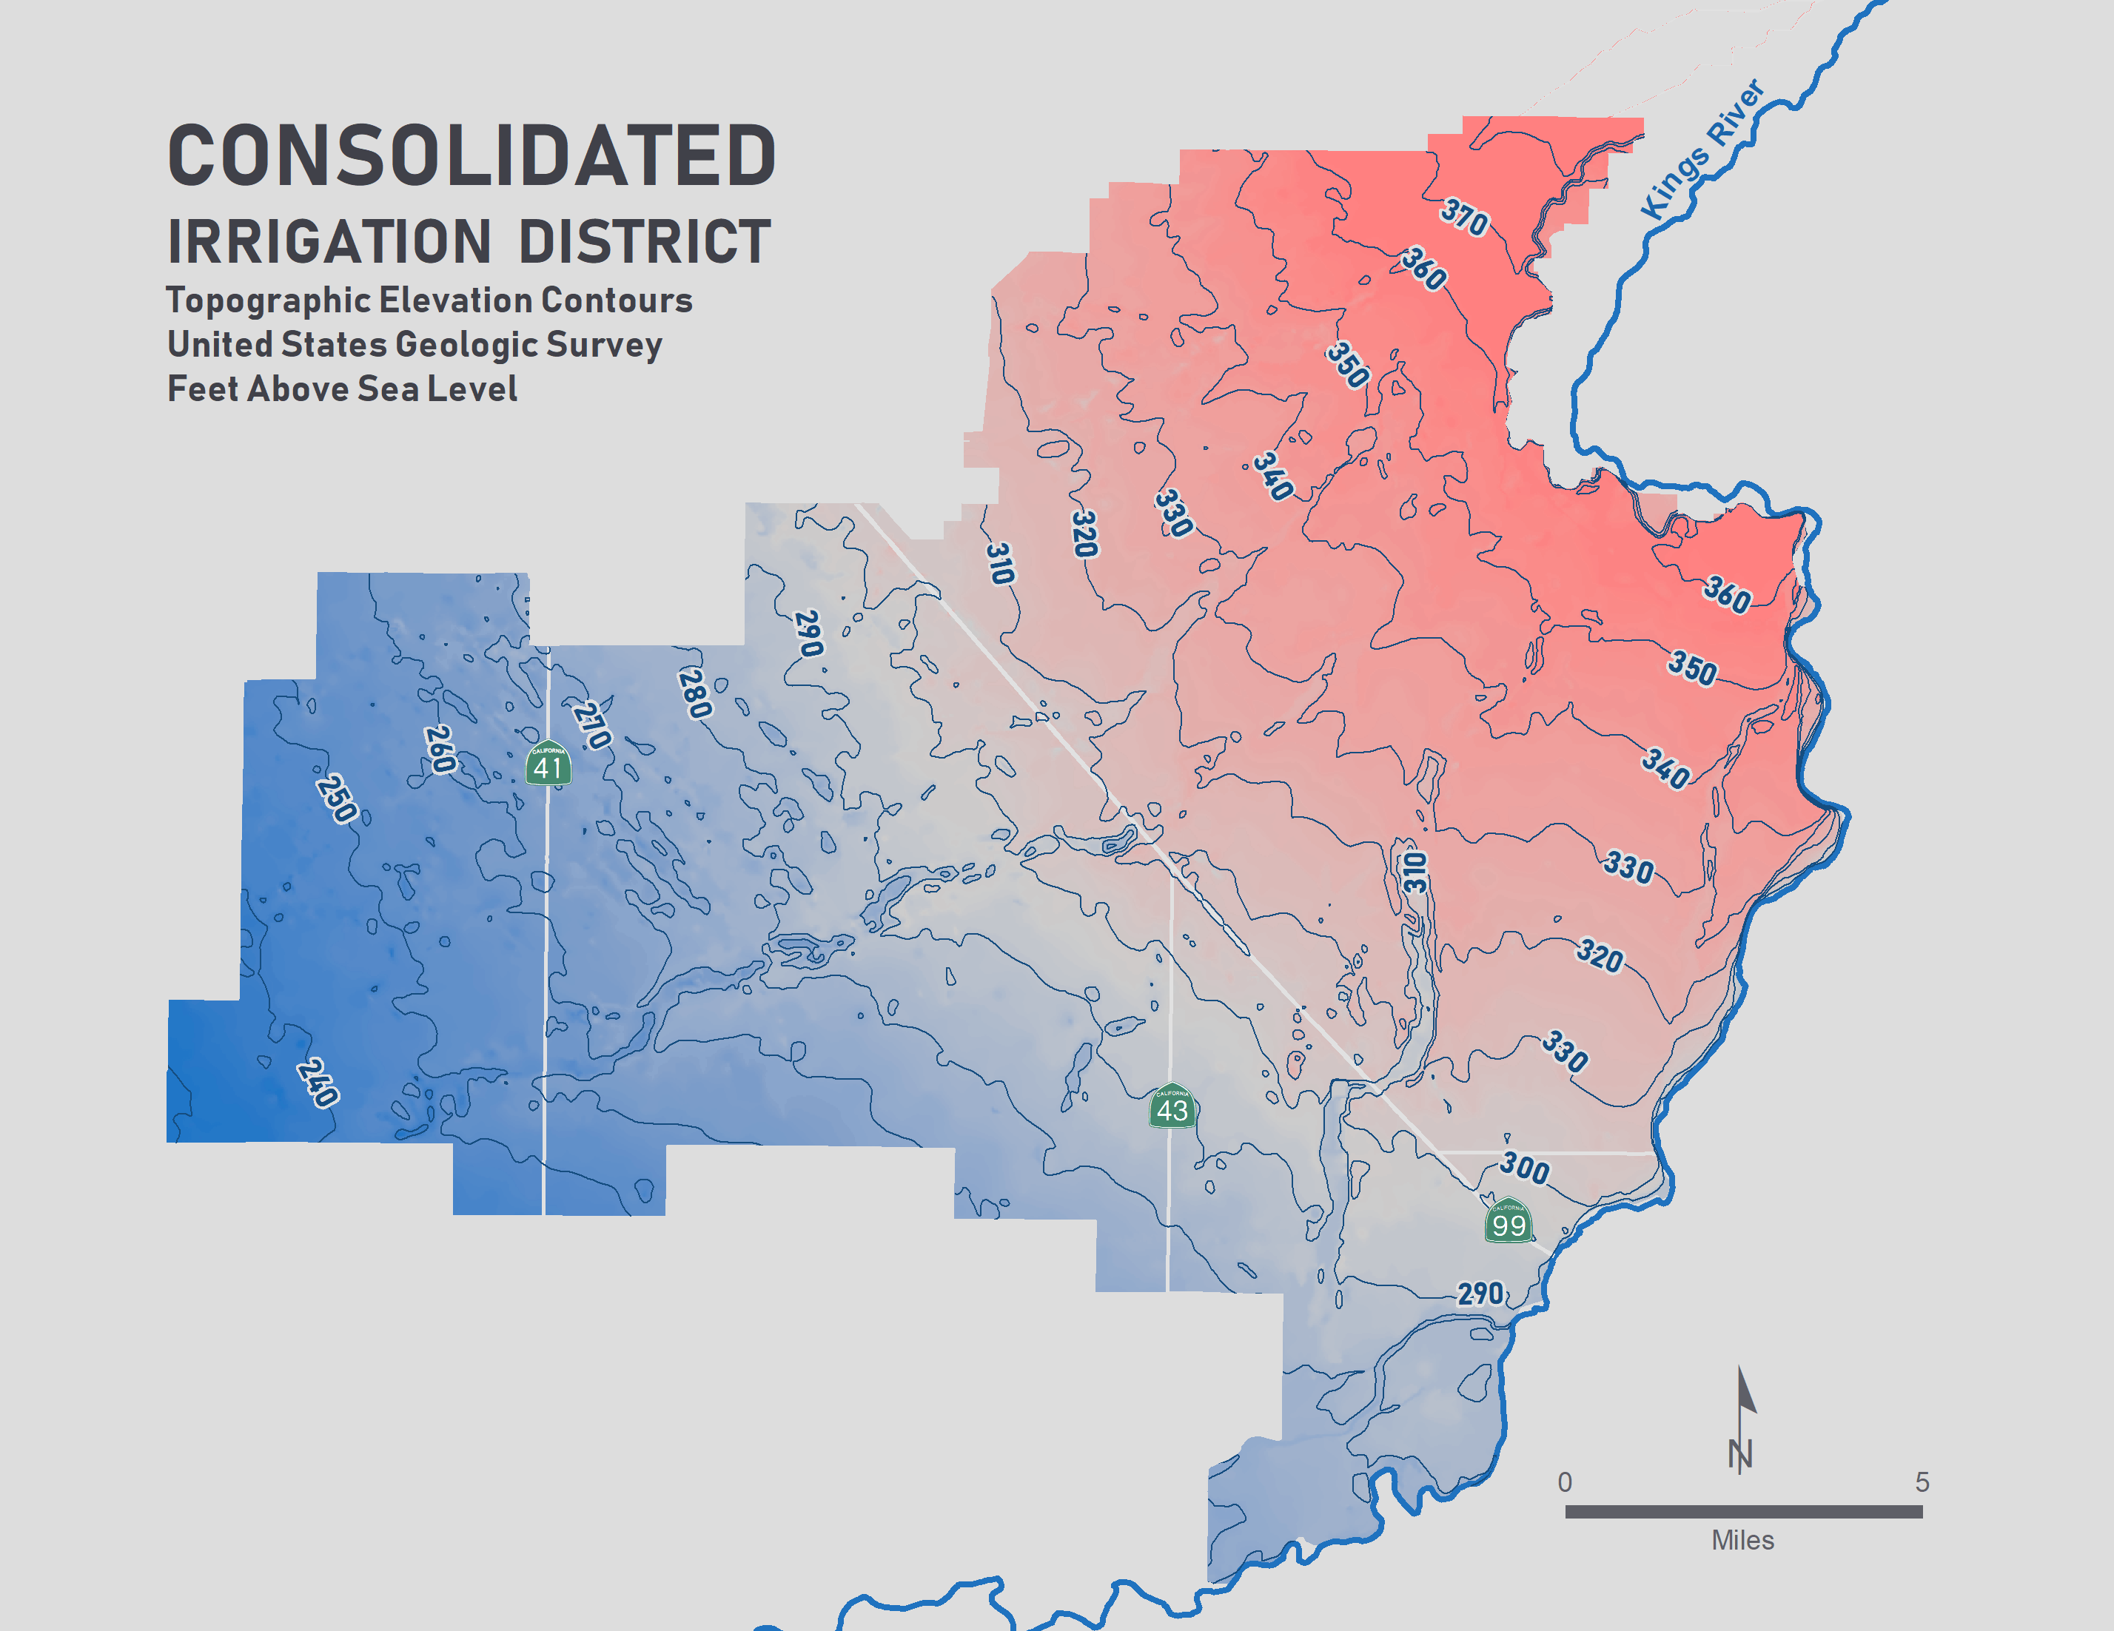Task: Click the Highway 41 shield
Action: click(548, 764)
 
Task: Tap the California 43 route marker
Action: click(1172, 1106)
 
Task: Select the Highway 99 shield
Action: click(1508, 1222)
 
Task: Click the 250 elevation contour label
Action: click(336, 798)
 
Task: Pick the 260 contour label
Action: click(440, 749)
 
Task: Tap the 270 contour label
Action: click(591, 725)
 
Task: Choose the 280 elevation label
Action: click(695, 693)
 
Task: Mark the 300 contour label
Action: click(1525, 1168)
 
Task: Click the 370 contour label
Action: click(1463, 217)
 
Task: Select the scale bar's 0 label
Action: click(1564, 1482)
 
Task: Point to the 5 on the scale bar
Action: click(1922, 1482)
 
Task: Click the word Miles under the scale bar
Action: click(1742, 1540)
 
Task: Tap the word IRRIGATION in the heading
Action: click(329, 241)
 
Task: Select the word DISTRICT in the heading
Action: click(645, 241)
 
